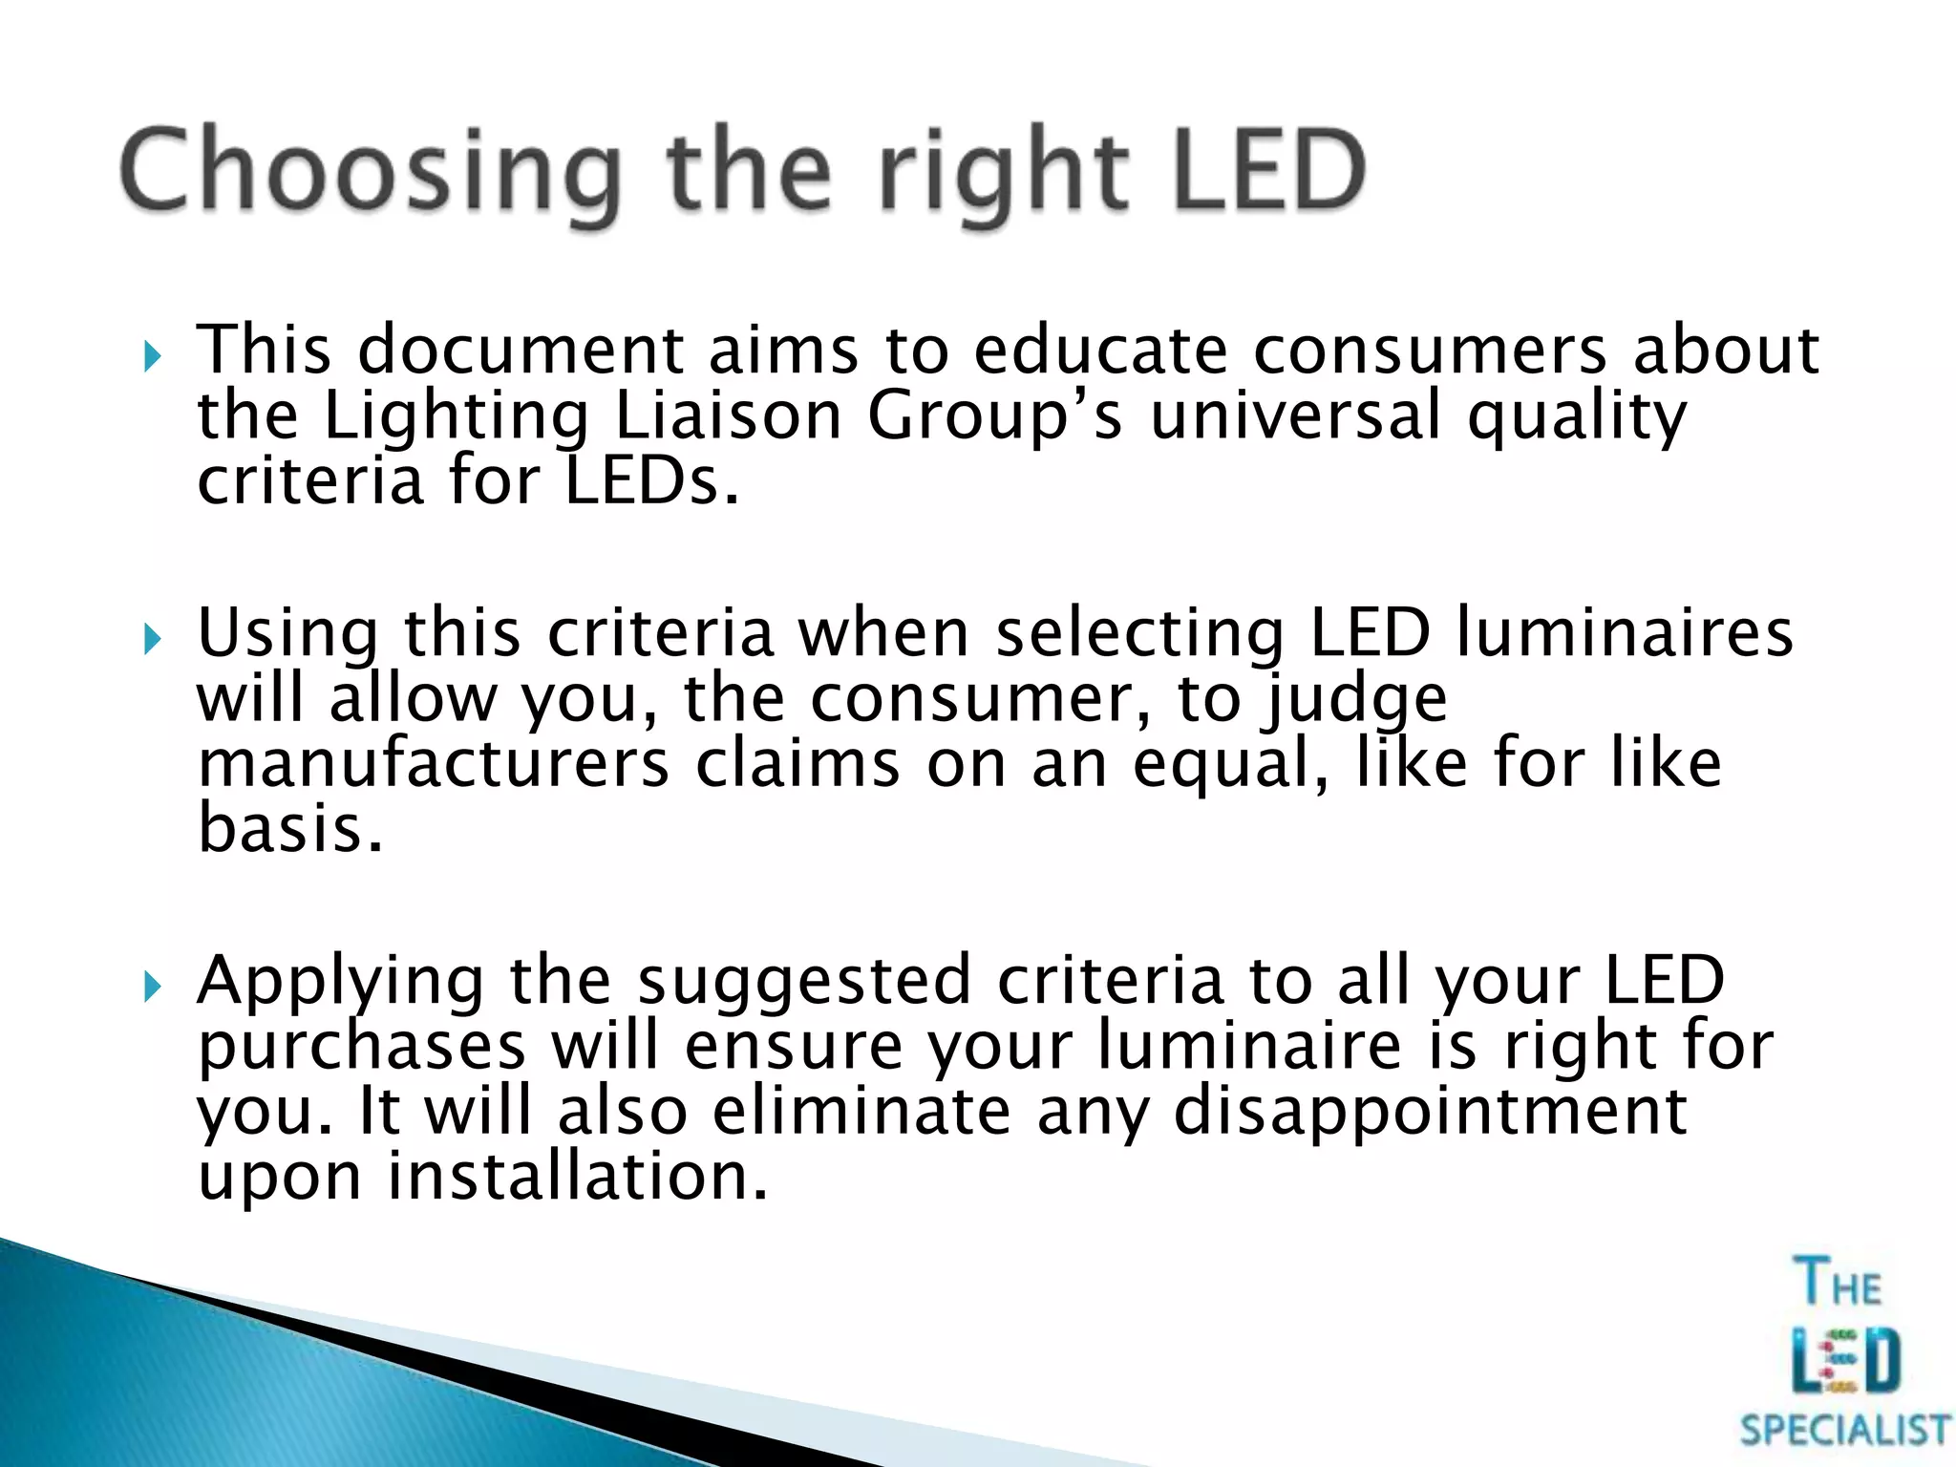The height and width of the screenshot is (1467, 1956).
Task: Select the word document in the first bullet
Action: (x=520, y=351)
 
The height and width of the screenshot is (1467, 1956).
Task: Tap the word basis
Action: (x=290, y=829)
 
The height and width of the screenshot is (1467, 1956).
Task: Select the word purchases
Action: (x=361, y=1047)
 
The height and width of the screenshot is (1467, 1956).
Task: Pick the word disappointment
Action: (x=1429, y=1112)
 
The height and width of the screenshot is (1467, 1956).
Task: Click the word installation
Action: (x=577, y=1177)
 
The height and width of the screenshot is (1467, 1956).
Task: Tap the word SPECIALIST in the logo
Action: (x=1844, y=1430)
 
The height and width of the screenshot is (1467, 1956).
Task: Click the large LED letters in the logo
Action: (x=1846, y=1360)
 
